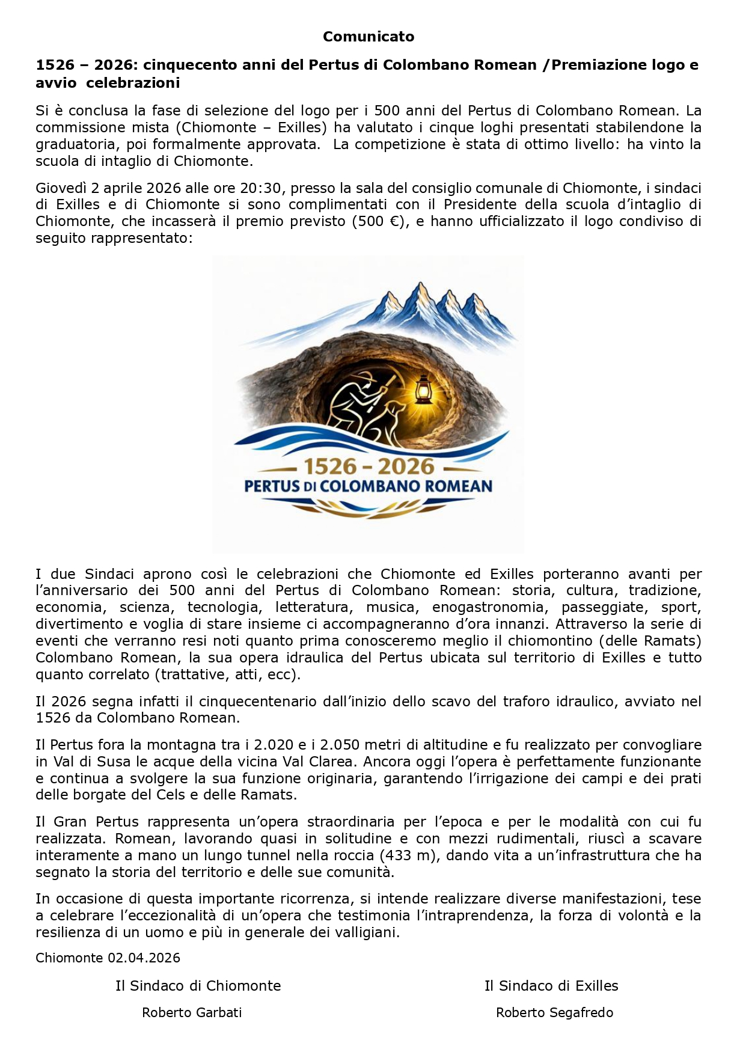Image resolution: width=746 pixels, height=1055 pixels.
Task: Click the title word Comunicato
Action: pos(368,37)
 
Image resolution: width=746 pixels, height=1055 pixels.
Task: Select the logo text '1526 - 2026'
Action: pos(368,466)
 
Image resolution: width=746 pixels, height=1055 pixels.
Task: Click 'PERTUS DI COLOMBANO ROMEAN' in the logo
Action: pos(368,486)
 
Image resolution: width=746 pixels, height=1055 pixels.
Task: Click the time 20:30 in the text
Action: pos(260,188)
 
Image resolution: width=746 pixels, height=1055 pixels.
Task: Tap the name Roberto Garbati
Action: pos(192,1013)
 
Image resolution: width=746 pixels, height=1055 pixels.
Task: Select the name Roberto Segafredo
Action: pos(554,1013)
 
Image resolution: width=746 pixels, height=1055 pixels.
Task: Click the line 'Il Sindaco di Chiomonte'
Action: pos(198,986)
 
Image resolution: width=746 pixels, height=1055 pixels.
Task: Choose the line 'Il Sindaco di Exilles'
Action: pos(551,986)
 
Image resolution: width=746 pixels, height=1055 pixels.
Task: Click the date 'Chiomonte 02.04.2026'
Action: pos(108,958)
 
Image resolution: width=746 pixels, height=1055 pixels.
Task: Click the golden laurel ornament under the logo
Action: pos(368,510)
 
